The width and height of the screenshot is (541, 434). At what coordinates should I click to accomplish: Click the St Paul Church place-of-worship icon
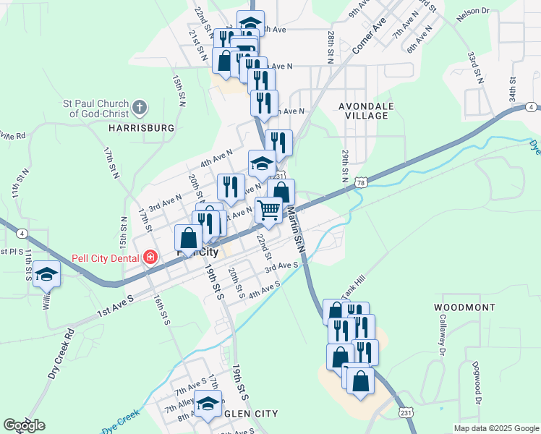tap(140, 109)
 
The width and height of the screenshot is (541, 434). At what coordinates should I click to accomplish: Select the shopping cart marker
tap(269, 210)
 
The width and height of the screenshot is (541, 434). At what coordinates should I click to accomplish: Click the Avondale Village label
tap(367, 111)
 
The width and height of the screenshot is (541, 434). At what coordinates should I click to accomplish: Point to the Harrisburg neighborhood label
tap(142, 127)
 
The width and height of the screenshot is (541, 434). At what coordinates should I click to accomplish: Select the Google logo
tap(25, 425)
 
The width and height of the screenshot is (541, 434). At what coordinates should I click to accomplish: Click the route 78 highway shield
tap(360, 184)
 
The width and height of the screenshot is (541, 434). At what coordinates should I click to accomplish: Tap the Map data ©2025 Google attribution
tap(496, 428)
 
